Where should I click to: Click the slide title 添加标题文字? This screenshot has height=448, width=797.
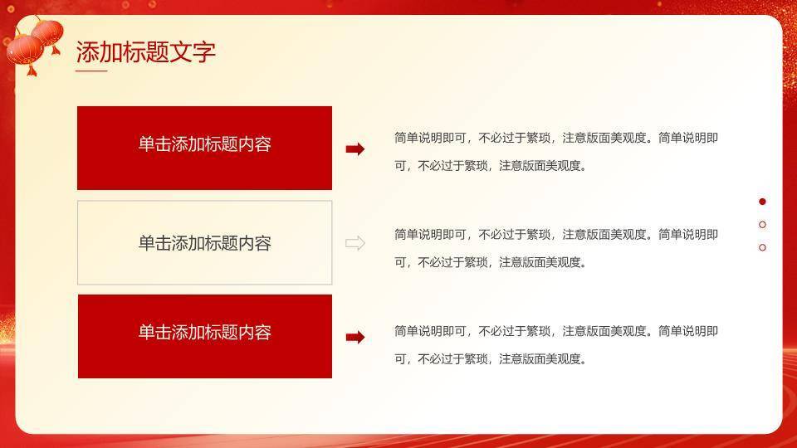[x=145, y=52]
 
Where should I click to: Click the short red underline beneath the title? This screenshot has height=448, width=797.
[x=91, y=71]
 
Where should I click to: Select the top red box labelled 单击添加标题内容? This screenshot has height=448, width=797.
[x=204, y=148]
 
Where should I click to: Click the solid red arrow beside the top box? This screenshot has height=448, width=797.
[x=354, y=149]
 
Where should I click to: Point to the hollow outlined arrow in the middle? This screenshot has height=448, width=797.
[x=354, y=243]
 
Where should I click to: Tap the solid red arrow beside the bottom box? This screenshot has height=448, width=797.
[x=354, y=337]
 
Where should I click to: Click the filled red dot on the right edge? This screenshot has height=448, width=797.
[x=763, y=202]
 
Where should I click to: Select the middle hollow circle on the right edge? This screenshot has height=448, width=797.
[x=763, y=224]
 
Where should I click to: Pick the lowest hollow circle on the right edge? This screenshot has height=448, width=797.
[x=763, y=247]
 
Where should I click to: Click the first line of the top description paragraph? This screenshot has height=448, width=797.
[x=556, y=138]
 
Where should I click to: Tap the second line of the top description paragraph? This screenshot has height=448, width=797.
[x=491, y=165]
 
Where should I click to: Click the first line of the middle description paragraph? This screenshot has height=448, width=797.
[x=556, y=234]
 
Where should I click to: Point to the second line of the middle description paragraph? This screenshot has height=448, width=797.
[x=491, y=262]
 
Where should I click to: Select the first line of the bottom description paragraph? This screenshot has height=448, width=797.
[x=556, y=331]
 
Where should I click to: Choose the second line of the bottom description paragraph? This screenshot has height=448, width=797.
[x=491, y=359]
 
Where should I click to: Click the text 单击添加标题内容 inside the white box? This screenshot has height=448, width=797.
[x=204, y=243]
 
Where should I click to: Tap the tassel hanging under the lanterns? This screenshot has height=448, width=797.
[x=32, y=70]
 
